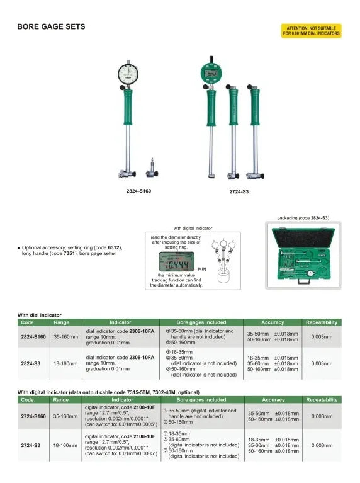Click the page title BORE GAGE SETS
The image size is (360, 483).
click(x=50, y=27)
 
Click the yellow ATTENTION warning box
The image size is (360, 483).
click(x=310, y=31)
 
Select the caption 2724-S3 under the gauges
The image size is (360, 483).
click(x=239, y=191)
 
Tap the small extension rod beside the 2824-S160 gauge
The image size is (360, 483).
click(x=151, y=169)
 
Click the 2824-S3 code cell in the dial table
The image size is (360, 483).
click(x=32, y=363)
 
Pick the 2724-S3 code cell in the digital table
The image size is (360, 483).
click(x=32, y=445)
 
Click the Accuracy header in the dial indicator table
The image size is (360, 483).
click(x=273, y=322)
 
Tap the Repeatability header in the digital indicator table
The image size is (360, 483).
click(x=321, y=400)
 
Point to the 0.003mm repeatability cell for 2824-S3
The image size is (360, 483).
click(x=321, y=363)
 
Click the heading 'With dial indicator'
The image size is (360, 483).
click(x=39, y=314)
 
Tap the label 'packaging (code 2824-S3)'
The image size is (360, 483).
click(x=303, y=218)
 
